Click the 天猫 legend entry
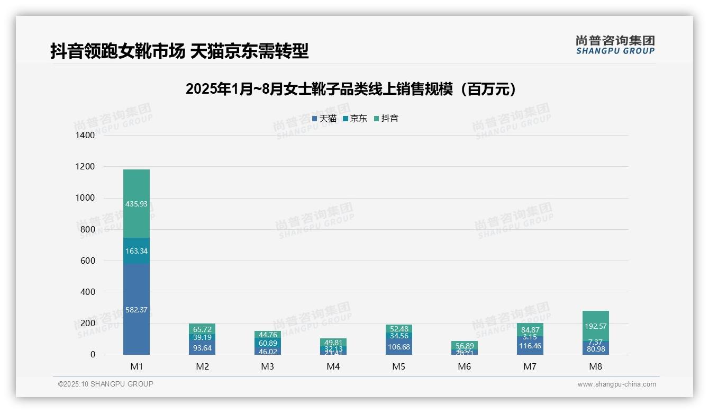[324, 119]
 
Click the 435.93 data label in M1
[137, 204]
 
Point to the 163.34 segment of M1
[137, 251]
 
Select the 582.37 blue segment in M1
[137, 310]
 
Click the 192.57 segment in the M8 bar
[595, 326]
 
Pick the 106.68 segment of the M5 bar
[398, 347]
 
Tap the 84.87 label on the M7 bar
[530, 329]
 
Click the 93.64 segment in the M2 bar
[202, 348]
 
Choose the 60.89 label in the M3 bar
[268, 343]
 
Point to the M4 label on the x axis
[333, 366]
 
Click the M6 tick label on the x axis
[464, 366]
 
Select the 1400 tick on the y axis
[85, 136]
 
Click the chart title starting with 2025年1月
[351, 89]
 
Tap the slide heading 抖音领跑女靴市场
[179, 51]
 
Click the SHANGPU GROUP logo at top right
[615, 45]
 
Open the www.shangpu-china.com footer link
[616, 384]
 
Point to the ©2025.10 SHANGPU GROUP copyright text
[106, 384]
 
